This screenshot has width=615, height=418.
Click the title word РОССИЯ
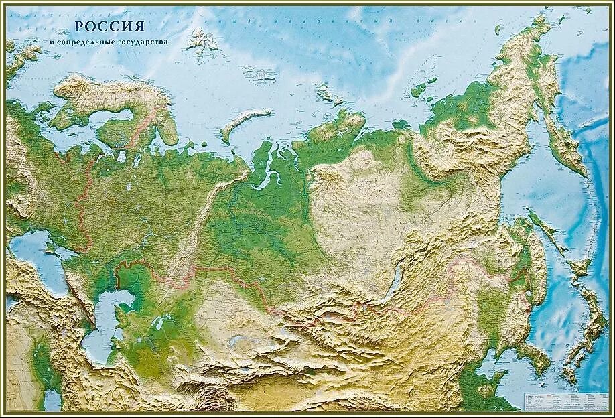(x=110, y=27)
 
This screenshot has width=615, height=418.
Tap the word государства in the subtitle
(x=141, y=42)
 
